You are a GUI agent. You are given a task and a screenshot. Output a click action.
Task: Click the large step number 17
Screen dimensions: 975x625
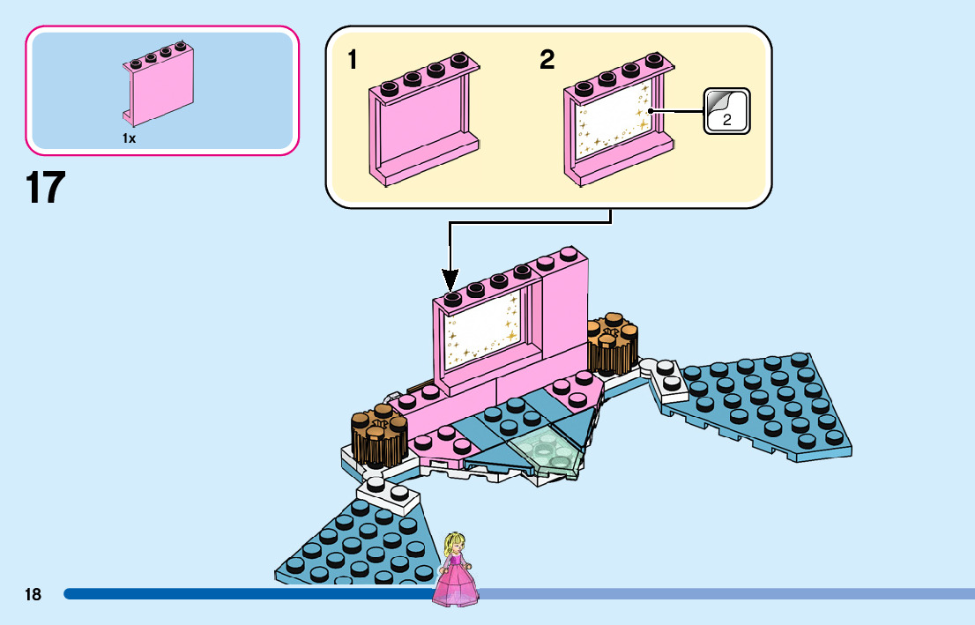point(45,188)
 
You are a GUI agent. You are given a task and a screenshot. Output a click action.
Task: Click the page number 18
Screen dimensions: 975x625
point(33,594)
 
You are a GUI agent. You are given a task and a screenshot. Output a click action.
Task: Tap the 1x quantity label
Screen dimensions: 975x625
point(130,138)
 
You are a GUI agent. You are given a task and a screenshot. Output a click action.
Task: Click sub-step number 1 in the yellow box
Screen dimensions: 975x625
point(353,61)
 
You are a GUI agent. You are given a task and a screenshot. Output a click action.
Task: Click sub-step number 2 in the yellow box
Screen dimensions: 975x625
point(547,61)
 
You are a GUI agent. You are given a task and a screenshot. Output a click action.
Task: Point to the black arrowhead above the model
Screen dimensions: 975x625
point(450,281)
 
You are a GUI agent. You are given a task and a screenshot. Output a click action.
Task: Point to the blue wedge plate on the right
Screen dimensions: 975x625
point(763,406)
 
